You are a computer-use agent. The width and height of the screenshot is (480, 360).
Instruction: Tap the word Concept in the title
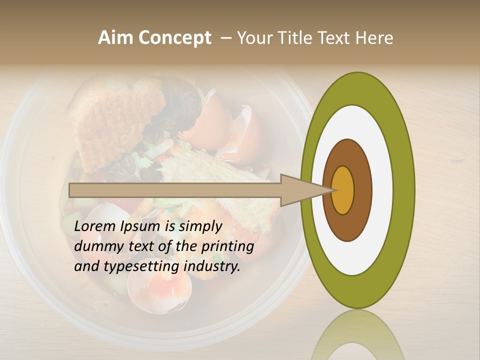point(174,38)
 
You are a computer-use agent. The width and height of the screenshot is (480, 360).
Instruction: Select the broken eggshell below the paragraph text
point(159,290)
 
